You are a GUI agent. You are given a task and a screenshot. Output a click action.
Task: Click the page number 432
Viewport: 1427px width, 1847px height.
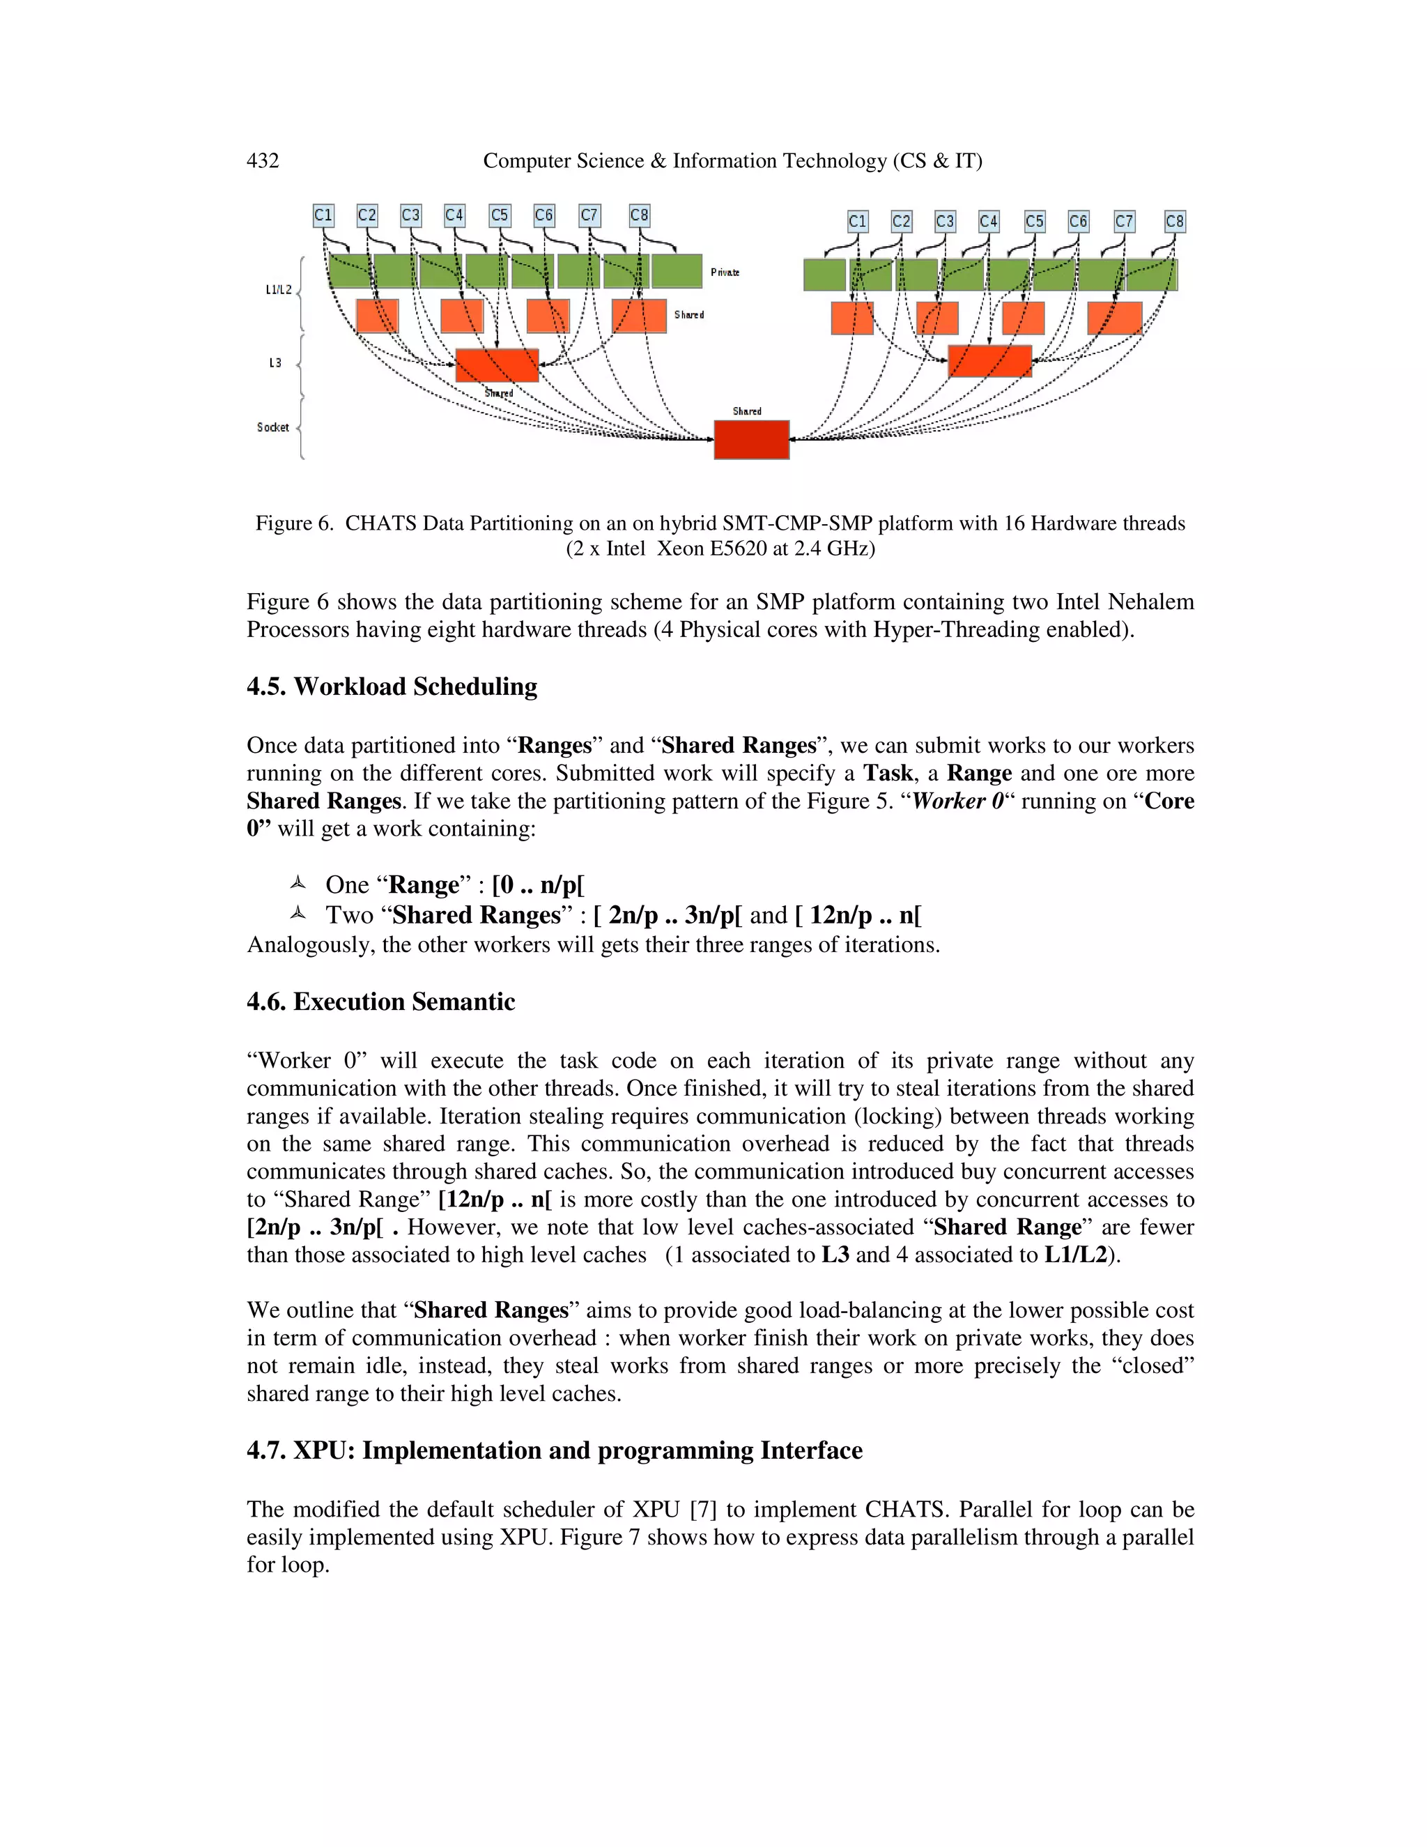click(262, 161)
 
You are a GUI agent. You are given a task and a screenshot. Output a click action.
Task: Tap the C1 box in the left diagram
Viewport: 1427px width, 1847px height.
click(323, 215)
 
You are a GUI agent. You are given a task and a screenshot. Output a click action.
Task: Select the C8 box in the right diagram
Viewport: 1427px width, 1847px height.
click(1174, 222)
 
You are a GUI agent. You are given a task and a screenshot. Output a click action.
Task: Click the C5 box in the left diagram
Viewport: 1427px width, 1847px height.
click(500, 215)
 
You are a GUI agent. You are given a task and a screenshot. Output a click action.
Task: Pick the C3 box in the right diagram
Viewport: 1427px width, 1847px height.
click(944, 222)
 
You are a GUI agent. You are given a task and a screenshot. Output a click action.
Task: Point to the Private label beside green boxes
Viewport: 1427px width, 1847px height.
click(725, 273)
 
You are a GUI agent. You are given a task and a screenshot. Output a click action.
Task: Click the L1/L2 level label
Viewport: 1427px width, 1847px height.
click(278, 290)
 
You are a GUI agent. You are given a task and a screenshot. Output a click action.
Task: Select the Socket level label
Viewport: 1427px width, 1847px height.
click(272, 427)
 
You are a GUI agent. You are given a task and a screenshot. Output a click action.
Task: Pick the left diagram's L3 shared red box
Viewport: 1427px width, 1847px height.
click(497, 365)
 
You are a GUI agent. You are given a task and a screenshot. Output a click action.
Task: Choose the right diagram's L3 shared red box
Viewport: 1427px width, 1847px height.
click(989, 361)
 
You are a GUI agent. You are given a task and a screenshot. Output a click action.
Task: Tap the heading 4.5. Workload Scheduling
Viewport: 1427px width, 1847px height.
click(392, 686)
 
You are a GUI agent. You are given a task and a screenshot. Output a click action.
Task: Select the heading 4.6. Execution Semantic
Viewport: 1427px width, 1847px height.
click(380, 1002)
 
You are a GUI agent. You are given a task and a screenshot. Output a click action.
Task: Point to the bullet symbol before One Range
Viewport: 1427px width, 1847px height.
click(297, 884)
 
